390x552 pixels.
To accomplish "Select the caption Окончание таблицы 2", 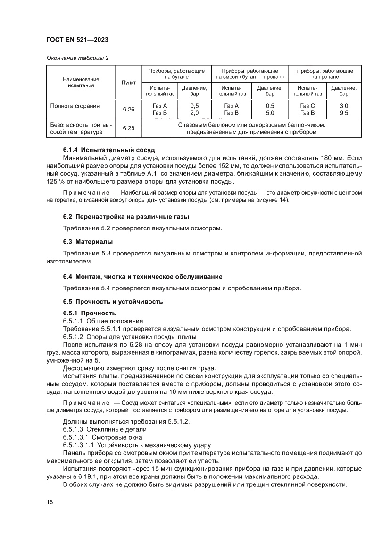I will coord(78,58).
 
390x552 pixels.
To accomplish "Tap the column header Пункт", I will coord(128,82).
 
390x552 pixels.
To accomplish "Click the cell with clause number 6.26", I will coord(128,110).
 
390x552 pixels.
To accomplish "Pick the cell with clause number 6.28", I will coord(128,128).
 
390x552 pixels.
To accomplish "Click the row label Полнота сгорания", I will coord(75,106).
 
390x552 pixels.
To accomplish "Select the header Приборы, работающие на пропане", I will coord(325,74).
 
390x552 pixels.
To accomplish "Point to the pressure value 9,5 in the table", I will coord(343,113).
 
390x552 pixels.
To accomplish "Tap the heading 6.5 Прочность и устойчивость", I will coord(113,301).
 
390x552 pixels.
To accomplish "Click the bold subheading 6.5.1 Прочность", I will coord(89,313).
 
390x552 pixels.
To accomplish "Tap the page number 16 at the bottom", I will coord(49,502).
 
